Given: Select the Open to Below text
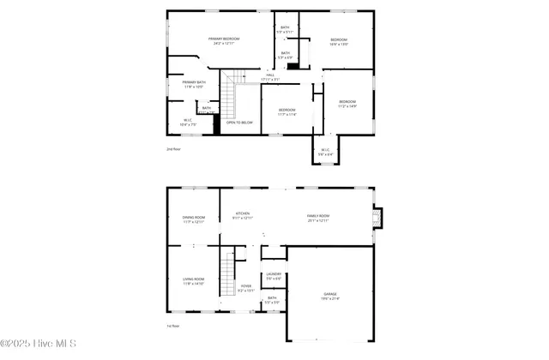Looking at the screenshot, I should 239,123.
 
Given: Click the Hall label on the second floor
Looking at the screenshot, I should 270,78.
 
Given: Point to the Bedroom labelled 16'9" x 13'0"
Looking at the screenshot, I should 339,42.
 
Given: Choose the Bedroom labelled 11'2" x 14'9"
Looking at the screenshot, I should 347,104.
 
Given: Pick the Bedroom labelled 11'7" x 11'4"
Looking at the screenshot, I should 287,111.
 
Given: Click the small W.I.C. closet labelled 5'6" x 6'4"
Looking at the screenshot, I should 326,153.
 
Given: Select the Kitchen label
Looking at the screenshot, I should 243,216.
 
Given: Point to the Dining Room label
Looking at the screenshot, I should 193,219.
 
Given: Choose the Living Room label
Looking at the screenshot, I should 193,281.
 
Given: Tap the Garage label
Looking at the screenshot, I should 330,296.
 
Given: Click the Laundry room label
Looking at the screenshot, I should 274,276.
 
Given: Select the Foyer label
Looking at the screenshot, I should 246,288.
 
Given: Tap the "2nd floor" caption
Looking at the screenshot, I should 173,149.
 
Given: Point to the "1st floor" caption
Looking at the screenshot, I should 173,326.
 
